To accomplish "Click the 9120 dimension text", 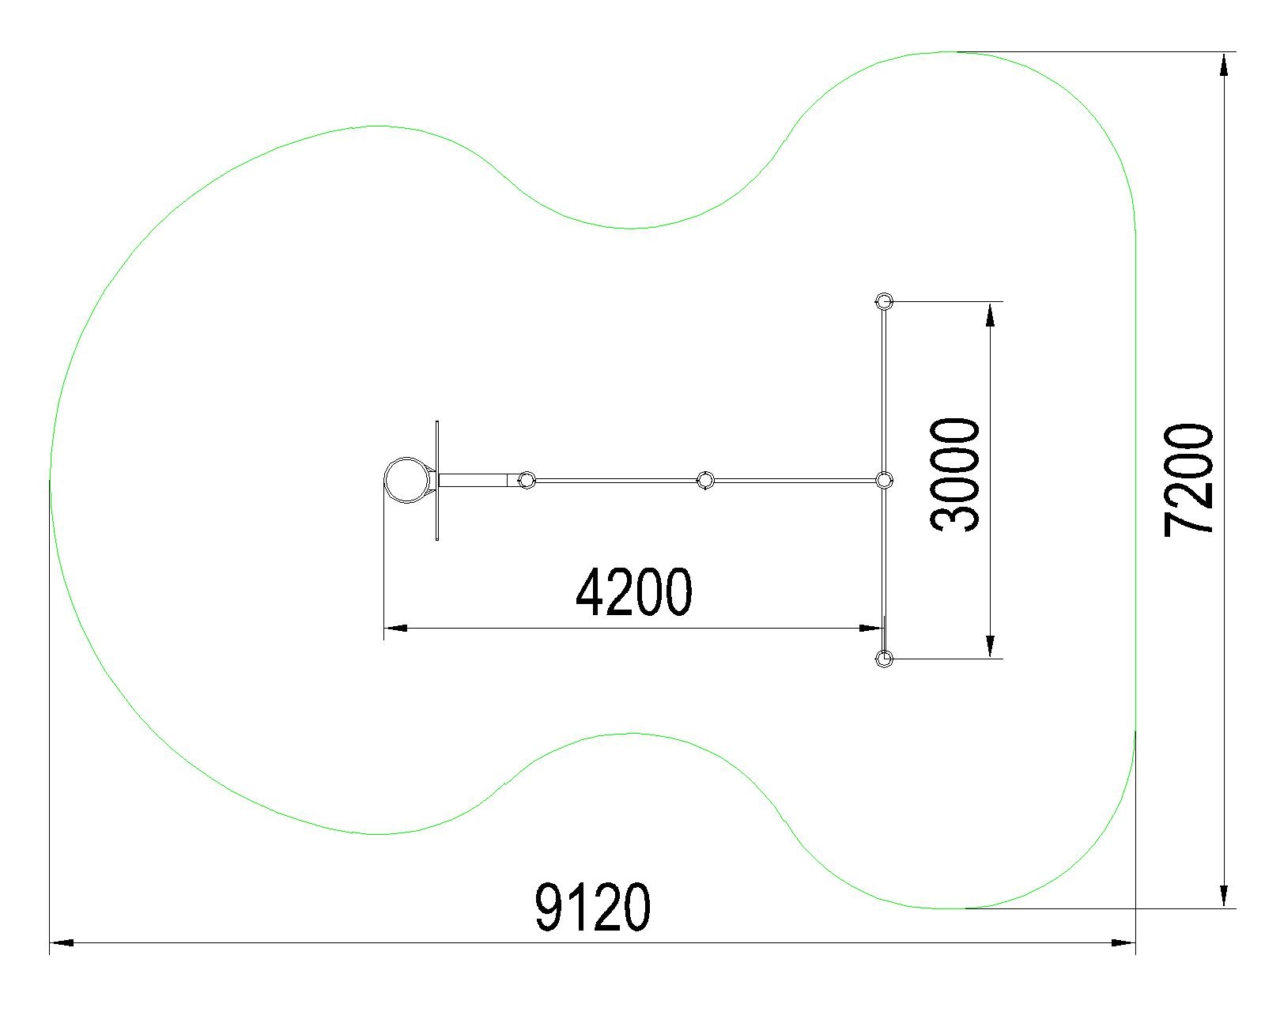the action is [x=592, y=907].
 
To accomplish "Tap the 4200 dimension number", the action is [x=633, y=592].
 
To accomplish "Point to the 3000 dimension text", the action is [x=955, y=474].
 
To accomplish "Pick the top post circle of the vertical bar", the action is [x=884, y=302].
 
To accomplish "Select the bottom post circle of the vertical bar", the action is [x=884, y=659].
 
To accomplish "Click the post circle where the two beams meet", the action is [x=884, y=481].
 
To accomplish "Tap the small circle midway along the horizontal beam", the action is [x=705, y=481].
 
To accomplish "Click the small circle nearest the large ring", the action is [x=527, y=481].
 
